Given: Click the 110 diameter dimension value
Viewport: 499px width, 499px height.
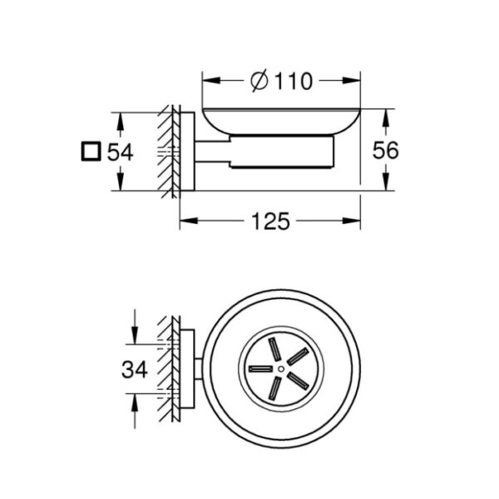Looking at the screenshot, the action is [294, 82].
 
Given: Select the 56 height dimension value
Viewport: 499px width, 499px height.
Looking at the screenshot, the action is [385, 150].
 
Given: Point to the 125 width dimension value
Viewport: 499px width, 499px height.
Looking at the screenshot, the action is [271, 222].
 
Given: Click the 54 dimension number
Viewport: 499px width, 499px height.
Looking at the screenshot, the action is [120, 152].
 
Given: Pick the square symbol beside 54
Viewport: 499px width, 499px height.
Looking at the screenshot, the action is [91, 151].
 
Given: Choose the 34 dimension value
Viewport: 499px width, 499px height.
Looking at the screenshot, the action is [135, 370].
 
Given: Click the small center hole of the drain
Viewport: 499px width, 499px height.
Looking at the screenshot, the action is [281, 368].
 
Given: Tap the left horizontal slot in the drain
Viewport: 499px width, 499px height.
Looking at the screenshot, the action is [260, 369].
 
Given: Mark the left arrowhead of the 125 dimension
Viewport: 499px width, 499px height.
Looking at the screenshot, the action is [189, 221].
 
